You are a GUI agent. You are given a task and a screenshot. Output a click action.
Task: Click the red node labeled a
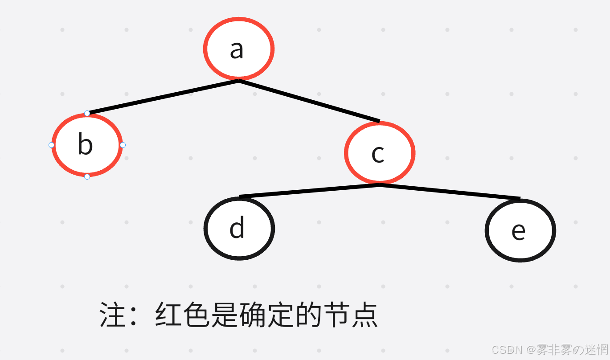tap(239, 49)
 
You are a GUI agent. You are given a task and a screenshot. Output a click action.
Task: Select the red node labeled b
tap(87, 145)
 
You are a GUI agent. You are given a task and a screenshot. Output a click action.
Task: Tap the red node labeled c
tap(379, 153)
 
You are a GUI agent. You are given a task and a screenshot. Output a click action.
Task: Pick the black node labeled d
tap(239, 228)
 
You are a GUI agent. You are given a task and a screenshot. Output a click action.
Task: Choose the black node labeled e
tap(520, 230)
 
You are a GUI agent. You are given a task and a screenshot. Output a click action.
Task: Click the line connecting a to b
tap(163, 97)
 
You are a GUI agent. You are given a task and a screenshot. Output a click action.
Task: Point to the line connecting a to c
tap(309, 101)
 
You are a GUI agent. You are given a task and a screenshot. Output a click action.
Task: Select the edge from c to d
tap(309, 190)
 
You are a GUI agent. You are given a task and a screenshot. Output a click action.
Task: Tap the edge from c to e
tap(450, 191)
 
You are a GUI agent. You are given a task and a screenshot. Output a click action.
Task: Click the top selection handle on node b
tap(87, 113)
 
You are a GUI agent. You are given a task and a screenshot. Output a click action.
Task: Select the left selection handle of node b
tap(51, 145)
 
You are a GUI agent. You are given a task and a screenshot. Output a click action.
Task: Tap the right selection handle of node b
tap(123, 145)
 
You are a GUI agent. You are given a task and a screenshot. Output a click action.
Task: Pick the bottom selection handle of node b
tap(87, 176)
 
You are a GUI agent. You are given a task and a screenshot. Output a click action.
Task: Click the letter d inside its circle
tap(237, 228)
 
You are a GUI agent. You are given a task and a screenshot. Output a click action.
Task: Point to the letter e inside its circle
tap(518, 231)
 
